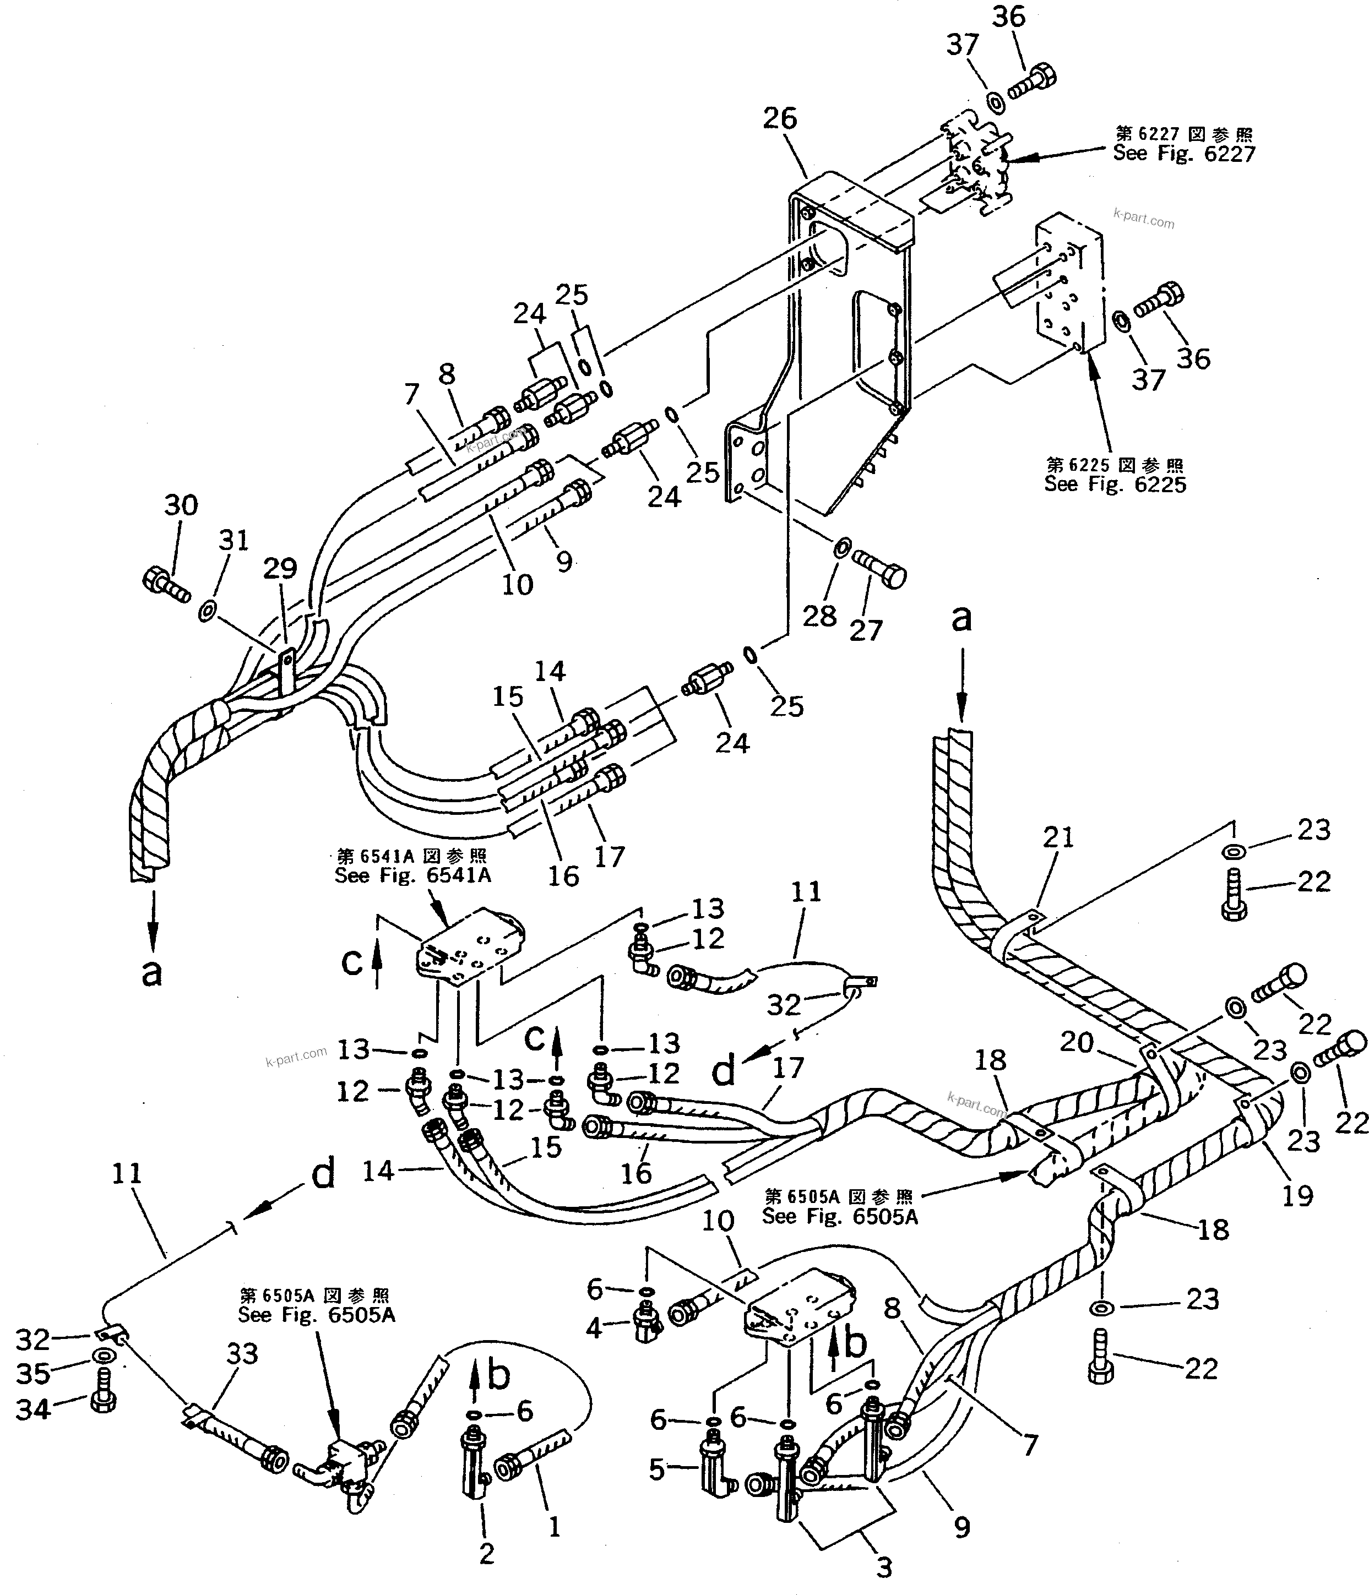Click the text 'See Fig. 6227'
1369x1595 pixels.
point(1183,154)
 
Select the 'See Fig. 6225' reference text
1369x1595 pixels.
point(1114,485)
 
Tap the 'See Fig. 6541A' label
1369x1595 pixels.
point(412,875)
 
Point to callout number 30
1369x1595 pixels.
point(181,506)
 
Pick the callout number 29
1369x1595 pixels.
point(280,568)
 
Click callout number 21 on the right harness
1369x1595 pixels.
point(1058,837)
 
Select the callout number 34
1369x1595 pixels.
point(33,1409)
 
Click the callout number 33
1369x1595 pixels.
point(242,1353)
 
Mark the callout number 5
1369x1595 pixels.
point(656,1469)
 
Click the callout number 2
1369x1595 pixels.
point(486,1553)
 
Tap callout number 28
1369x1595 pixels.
point(819,616)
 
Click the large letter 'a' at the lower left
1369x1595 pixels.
point(151,972)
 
